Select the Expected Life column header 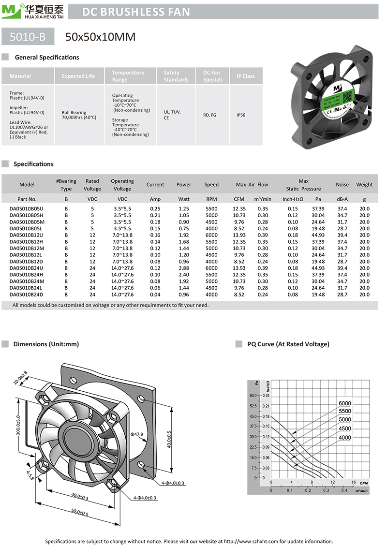pos(78,76)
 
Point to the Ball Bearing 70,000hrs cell pos(79,115)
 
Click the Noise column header pos(342,184)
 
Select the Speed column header pos(211,184)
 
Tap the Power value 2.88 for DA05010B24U pos(184,268)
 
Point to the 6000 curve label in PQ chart pos(345,403)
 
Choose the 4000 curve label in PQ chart pos(345,438)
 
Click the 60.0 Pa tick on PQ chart pos(253,396)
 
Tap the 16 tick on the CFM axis pos(354,482)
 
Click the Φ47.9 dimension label pos(137,434)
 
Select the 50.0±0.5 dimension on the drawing pos(81,513)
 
